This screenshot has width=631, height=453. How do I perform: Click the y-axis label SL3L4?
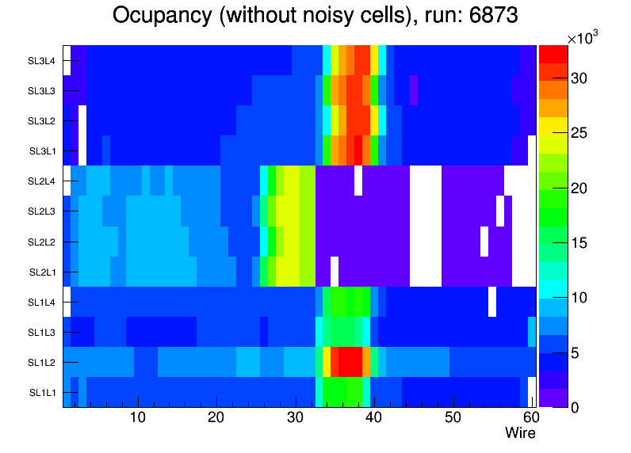point(42,61)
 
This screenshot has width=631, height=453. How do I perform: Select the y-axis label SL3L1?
point(42,151)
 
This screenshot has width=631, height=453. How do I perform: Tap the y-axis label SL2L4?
point(42,181)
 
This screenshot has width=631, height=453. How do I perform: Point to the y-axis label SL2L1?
point(42,272)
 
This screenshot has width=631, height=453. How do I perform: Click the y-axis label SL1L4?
point(42,302)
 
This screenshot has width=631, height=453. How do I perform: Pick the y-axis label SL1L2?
point(42,362)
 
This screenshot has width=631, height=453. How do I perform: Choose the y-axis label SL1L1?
point(42,392)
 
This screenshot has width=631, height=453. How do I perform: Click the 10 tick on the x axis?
point(137,417)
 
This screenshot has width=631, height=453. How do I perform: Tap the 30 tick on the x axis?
point(295,417)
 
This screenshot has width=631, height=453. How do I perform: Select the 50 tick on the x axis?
point(452,417)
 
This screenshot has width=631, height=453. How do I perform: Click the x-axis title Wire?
point(520,433)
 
